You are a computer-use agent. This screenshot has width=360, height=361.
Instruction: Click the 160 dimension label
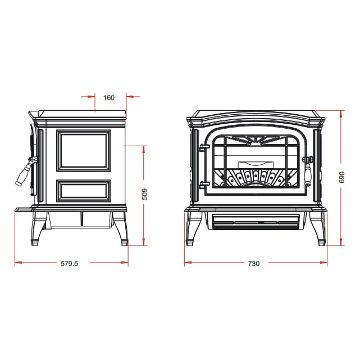[x=109, y=98]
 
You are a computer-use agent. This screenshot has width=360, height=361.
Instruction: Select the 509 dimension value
[x=144, y=194]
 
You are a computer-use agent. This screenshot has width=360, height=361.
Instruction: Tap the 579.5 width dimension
[x=70, y=263]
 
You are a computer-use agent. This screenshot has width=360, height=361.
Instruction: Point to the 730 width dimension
[x=254, y=263]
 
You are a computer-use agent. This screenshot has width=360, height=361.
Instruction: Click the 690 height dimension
[x=342, y=177]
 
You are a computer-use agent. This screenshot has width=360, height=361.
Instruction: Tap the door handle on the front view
[x=308, y=170]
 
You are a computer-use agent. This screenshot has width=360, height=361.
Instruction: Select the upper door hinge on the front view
[x=204, y=147]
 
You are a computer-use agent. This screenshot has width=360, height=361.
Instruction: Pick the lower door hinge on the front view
[x=204, y=185]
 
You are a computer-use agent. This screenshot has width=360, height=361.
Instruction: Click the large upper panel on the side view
[x=84, y=151]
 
